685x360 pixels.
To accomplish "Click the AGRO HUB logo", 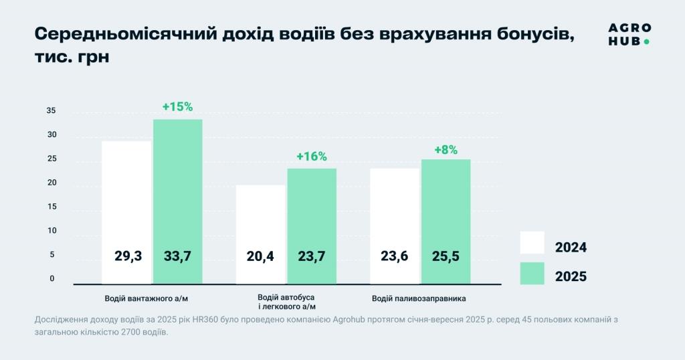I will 629,34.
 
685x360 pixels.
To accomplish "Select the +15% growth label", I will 177,107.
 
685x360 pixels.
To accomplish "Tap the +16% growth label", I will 311,157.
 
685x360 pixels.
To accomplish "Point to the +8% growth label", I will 446,150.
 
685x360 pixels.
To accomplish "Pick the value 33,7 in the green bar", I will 177,256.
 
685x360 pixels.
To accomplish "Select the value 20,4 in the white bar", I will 260,256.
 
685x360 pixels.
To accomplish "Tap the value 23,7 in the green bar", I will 312,256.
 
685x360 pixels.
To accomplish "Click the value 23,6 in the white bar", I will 394,256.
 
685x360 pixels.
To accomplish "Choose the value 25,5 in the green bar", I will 446,256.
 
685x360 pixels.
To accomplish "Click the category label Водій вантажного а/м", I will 151,298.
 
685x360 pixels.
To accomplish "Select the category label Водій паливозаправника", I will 419,298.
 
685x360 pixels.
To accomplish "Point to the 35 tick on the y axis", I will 52,111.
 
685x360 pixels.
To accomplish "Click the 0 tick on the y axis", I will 52,279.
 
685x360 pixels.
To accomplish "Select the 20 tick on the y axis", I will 52,183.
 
